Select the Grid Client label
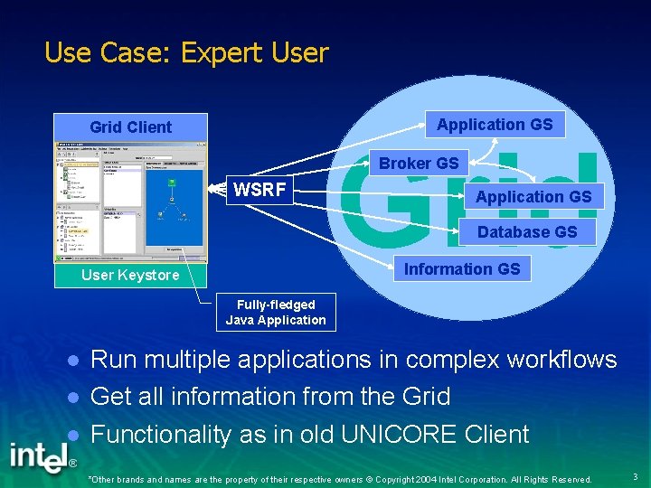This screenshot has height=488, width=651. (x=130, y=127)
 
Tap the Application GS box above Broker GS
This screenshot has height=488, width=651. (x=495, y=125)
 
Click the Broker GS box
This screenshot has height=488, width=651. (x=419, y=163)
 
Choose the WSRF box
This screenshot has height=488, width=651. (x=259, y=191)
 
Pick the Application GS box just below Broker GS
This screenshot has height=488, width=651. (x=533, y=196)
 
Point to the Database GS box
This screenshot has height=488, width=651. (x=526, y=232)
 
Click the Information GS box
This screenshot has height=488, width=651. (x=462, y=268)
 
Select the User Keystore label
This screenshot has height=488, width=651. (x=130, y=275)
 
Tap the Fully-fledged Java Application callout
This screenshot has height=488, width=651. (x=276, y=313)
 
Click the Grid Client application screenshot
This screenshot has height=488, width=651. (x=130, y=201)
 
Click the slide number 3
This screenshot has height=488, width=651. (x=635, y=476)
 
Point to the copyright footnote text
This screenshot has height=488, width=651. (x=339, y=479)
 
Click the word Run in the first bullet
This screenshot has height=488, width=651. (x=113, y=360)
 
